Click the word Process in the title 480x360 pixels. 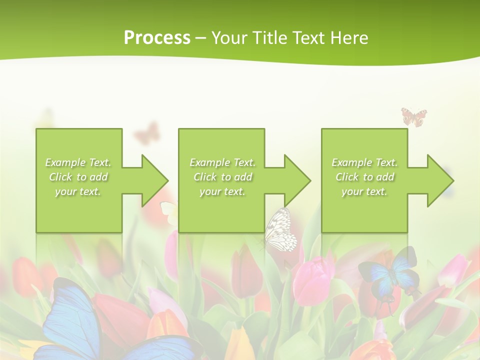(157, 38)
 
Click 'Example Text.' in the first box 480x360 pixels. (78, 162)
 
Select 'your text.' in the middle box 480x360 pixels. (222, 191)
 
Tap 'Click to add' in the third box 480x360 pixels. (365, 177)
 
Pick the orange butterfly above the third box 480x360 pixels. (414, 117)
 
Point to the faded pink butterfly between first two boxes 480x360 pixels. (147, 133)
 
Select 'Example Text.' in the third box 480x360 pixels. (364, 162)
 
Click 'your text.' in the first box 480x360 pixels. (78, 191)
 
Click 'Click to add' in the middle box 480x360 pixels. (222, 177)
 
